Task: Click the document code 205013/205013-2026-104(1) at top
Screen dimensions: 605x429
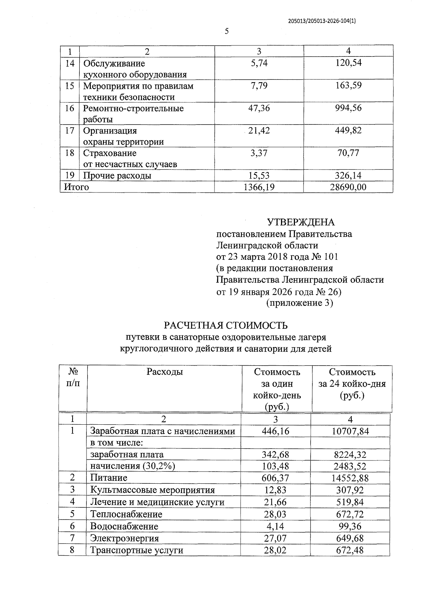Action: pos(322,21)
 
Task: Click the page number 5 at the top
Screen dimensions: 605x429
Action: pos(227,31)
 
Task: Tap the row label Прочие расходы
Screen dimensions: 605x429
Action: pos(117,176)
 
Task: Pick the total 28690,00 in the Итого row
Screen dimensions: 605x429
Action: pos(348,187)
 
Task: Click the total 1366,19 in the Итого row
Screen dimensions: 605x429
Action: pos(259,187)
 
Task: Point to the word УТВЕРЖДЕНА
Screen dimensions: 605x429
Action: pos(301,222)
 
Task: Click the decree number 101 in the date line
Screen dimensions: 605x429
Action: pos(331,257)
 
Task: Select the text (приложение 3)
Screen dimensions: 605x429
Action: pos(300,303)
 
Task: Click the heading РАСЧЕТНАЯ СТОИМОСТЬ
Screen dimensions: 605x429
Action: pos(226,326)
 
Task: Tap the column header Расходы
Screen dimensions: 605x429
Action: pos(164,372)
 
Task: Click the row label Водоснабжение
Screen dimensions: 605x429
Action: pos(124,526)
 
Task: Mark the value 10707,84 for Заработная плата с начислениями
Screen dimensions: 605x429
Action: pos(350,431)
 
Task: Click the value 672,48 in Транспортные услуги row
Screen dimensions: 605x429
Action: pos(350,550)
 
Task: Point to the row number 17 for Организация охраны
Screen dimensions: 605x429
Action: pos(70,131)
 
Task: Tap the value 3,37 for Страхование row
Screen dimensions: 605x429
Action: pos(259,153)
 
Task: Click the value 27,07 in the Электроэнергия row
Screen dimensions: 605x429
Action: pos(275,538)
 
